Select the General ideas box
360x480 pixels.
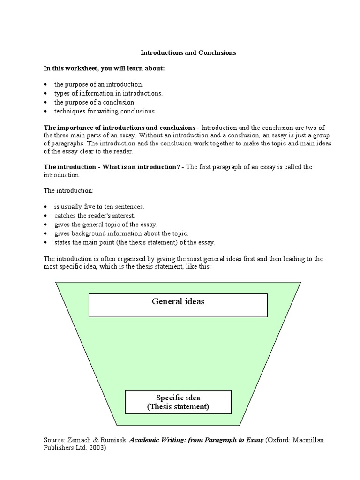[x=178, y=305]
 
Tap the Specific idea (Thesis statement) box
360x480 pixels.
[x=178, y=402]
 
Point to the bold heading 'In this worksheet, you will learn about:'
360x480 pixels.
[x=105, y=68]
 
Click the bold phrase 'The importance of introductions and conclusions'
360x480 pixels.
[x=120, y=127]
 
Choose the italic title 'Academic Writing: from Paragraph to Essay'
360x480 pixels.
[x=196, y=440]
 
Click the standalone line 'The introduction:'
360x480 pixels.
[x=68, y=191]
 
